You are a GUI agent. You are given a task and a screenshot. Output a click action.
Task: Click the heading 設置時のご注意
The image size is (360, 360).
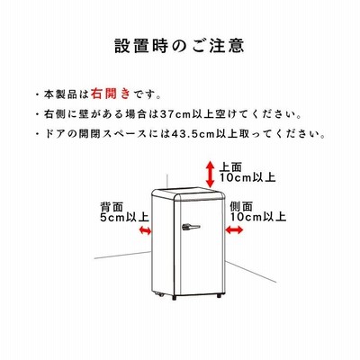tap(179, 45)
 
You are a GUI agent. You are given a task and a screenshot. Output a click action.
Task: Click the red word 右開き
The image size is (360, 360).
tap(111, 94)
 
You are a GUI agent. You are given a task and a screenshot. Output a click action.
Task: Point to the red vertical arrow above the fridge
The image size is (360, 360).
tap(210, 175)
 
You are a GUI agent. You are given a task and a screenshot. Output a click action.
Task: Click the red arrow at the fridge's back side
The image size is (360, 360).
tap(145, 230)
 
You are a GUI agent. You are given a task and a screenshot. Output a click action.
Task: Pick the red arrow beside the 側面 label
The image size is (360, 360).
tap(234, 230)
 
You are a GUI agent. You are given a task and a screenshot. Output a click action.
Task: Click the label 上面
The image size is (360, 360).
tap(230, 166)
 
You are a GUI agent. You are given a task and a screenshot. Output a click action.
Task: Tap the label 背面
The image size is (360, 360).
tap(112, 207)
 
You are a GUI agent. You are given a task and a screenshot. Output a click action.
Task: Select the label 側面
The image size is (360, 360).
tap(241, 206)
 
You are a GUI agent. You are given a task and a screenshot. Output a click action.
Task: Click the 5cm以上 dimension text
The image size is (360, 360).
tap(124, 217)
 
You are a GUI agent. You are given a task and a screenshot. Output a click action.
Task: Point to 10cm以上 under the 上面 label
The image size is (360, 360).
tap(247, 177)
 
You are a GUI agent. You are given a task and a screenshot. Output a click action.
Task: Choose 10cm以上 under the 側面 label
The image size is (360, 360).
tap(258, 217)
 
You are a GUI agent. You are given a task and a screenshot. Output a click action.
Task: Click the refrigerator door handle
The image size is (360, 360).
tap(191, 227)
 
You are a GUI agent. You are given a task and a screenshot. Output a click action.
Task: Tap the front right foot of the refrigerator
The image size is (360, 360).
tap(219, 296)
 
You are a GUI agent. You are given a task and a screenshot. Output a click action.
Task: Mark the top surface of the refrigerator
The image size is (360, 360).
tap(188, 193)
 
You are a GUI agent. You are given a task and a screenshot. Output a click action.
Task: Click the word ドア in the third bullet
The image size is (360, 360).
tap(56, 134)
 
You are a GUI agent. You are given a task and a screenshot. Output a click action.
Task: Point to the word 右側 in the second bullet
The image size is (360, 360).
tap(55, 114)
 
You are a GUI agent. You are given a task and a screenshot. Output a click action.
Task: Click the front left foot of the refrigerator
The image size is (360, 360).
tap(175, 298)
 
